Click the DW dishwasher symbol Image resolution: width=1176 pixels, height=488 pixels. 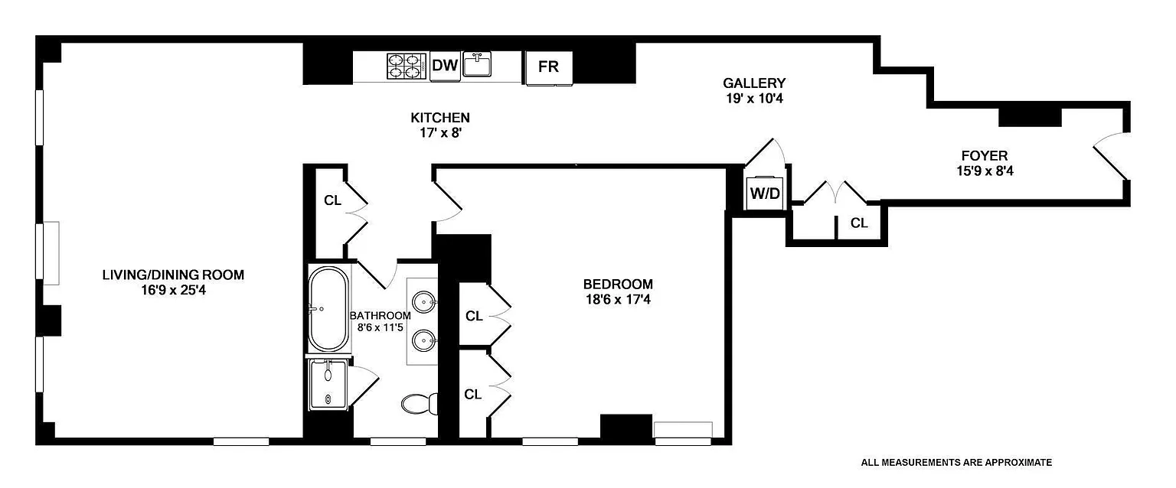click(x=444, y=66)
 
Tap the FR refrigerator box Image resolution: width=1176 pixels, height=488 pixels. click(x=548, y=67)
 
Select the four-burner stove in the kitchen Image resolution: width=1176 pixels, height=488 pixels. click(x=406, y=66)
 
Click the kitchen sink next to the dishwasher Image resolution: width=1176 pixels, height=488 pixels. click(x=480, y=65)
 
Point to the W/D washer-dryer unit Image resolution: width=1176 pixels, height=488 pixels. click(x=764, y=193)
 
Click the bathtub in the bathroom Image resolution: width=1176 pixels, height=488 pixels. click(x=329, y=308)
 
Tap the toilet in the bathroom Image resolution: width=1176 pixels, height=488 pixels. click(x=419, y=404)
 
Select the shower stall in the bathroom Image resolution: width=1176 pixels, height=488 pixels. click(x=329, y=385)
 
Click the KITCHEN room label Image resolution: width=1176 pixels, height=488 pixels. click(x=440, y=118)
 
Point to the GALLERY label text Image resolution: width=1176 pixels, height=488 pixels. click(x=754, y=83)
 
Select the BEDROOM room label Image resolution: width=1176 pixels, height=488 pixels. click(x=618, y=283)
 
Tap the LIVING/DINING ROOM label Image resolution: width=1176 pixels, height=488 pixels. click(x=173, y=275)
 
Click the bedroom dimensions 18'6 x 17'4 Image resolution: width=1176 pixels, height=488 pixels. click(x=618, y=299)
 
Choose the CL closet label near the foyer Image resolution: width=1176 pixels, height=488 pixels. click(x=859, y=223)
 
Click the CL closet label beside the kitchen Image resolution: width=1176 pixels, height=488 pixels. click(x=332, y=201)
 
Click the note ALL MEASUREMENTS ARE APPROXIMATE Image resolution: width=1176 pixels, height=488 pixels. click(x=956, y=462)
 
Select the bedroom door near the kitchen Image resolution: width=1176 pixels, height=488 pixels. click(x=448, y=197)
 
